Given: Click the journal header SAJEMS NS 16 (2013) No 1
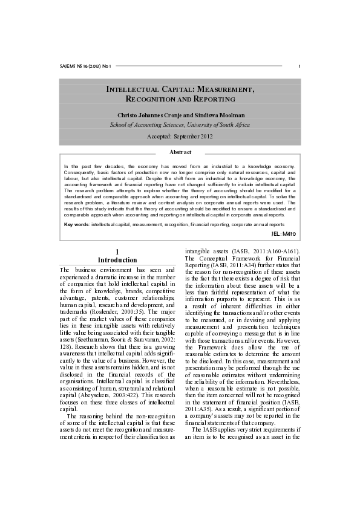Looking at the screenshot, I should click(x=86, y=66).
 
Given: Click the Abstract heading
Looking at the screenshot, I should click(x=180, y=152).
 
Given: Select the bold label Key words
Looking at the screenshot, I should click(x=77, y=224).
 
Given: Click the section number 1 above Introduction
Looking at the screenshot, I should click(x=117, y=251).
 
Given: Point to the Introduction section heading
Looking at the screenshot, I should click(x=117, y=260).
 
